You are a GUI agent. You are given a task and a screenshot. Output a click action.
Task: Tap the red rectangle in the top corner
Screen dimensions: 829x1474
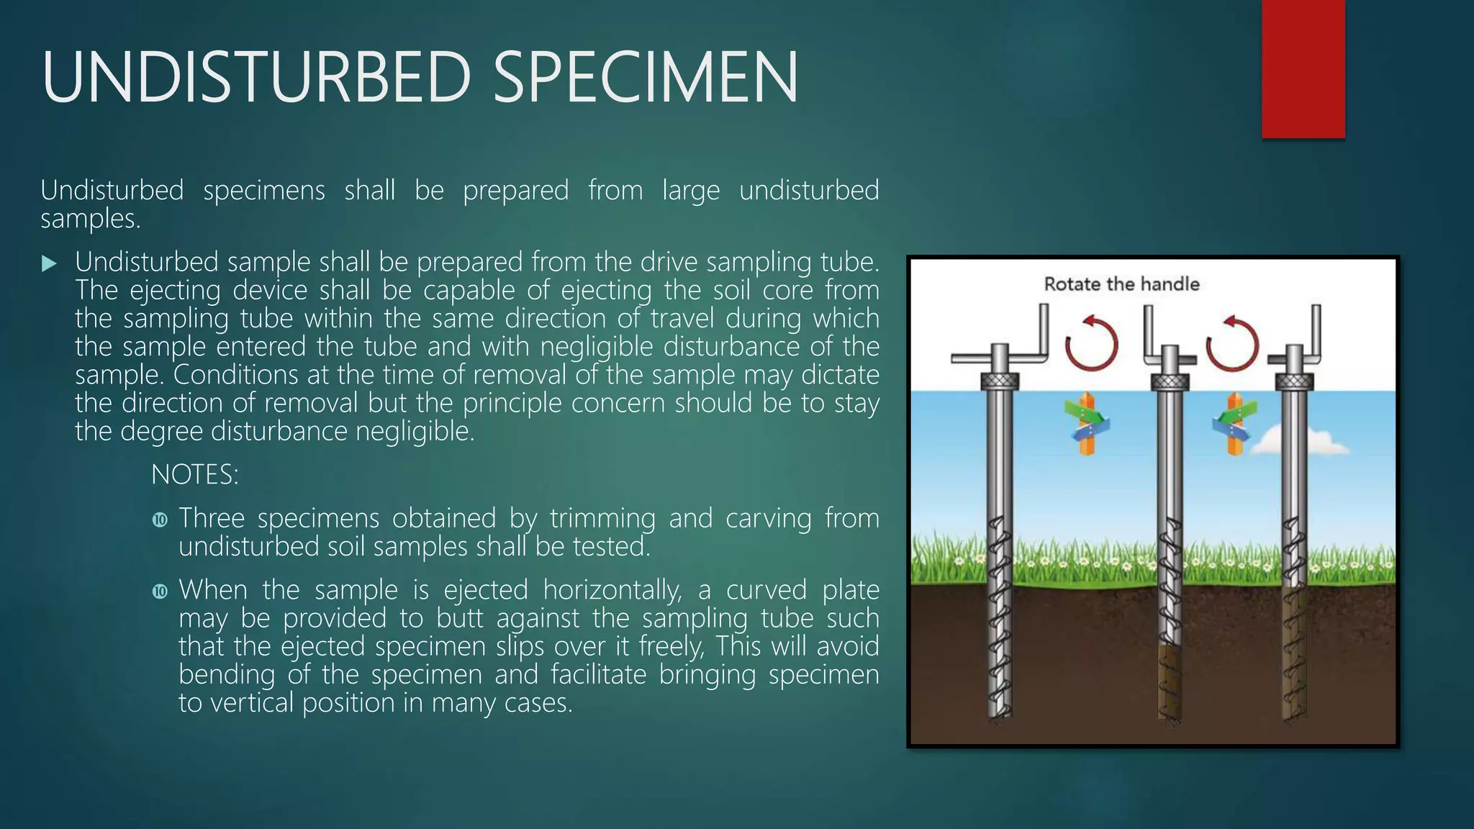click(x=1303, y=68)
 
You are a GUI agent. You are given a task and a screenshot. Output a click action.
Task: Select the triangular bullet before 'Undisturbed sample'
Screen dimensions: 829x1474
click(x=49, y=263)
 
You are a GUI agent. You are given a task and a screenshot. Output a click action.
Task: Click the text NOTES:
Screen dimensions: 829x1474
click(x=194, y=475)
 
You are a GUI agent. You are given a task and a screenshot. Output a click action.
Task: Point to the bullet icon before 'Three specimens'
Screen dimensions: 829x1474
click(x=160, y=520)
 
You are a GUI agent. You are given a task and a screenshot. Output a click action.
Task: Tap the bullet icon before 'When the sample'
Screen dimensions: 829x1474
click(x=160, y=592)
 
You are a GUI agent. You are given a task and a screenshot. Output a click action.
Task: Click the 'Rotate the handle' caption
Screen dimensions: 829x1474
click(x=1121, y=284)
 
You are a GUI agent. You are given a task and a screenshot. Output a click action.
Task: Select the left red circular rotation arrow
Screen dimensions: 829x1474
click(x=1091, y=343)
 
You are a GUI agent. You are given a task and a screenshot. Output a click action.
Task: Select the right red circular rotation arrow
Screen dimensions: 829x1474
click(x=1232, y=343)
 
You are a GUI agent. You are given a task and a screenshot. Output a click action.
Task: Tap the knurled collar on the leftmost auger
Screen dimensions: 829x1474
click(x=1000, y=381)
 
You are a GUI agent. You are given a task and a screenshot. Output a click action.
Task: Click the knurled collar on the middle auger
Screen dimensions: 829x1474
click(x=1170, y=381)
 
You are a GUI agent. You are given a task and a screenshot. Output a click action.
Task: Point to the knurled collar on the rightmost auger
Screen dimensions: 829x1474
click(x=1294, y=381)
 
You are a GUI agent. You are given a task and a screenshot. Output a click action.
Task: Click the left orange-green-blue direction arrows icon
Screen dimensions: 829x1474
click(x=1087, y=425)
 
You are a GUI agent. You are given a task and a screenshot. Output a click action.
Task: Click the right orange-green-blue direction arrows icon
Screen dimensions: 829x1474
click(x=1234, y=425)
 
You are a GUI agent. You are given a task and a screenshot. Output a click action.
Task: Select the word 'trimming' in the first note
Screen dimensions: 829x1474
click(x=602, y=518)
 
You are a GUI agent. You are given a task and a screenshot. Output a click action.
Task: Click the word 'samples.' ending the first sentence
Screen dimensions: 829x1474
click(x=90, y=219)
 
